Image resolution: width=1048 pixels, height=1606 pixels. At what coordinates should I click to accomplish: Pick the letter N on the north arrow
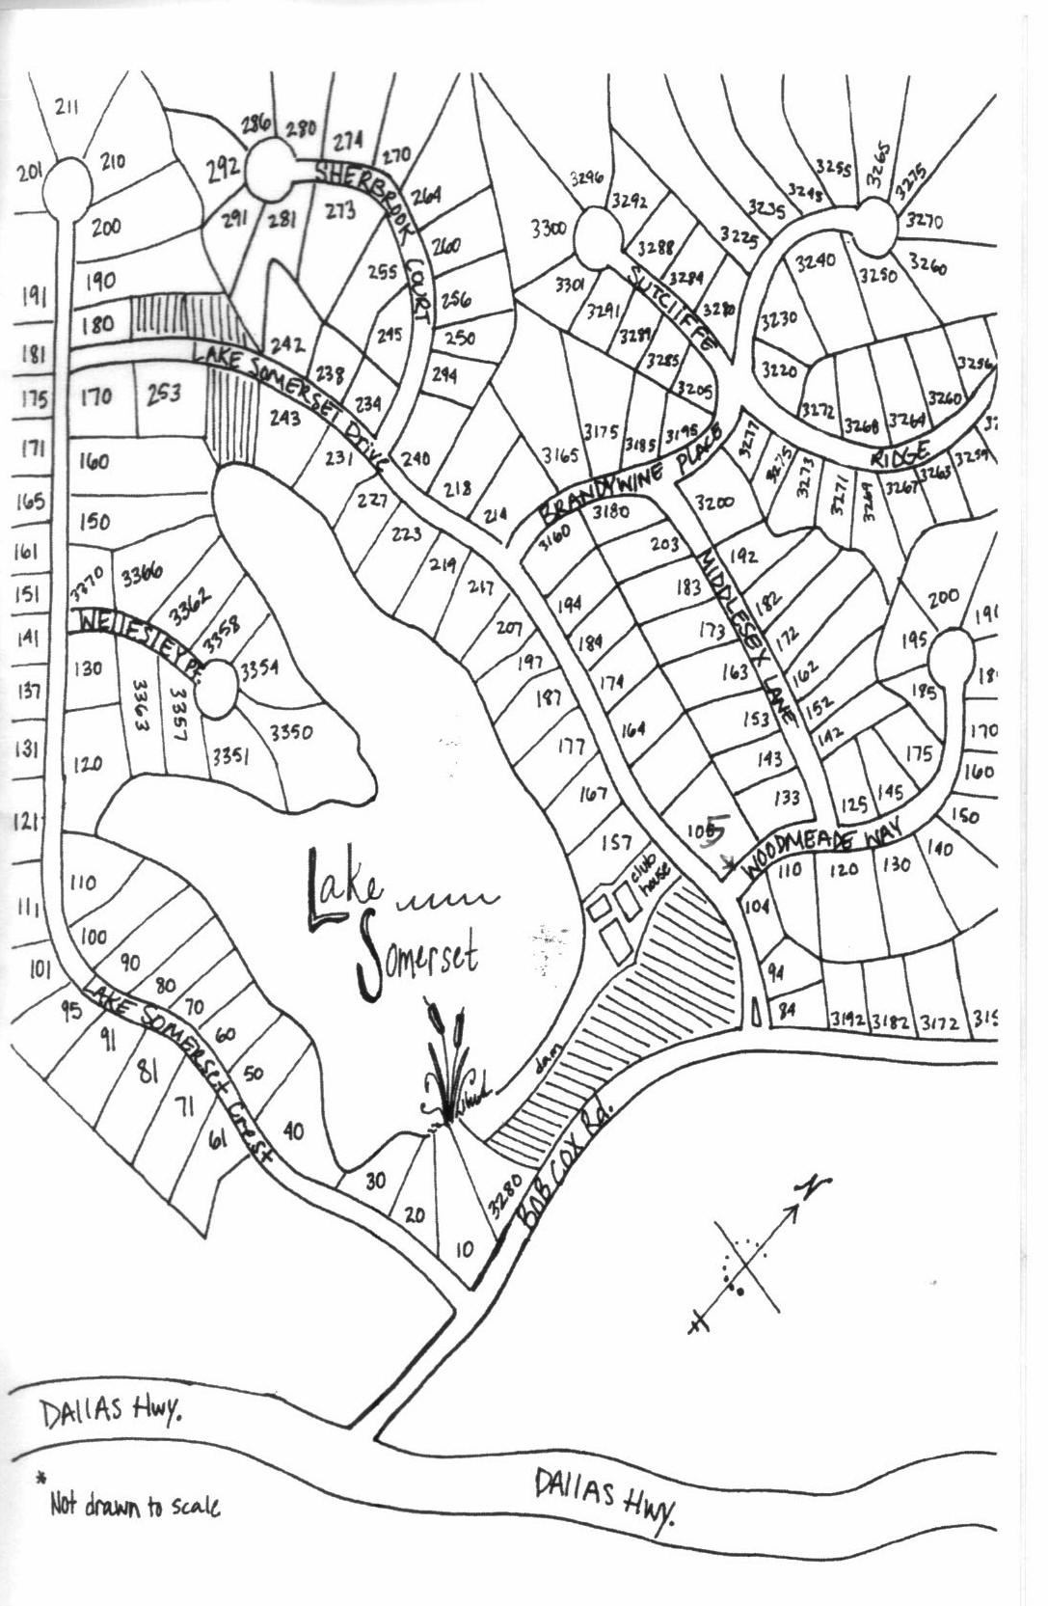click(x=816, y=1184)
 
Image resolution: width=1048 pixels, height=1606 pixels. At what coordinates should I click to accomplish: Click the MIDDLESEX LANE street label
click(x=747, y=638)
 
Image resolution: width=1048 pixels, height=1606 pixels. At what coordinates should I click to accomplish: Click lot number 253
click(x=163, y=394)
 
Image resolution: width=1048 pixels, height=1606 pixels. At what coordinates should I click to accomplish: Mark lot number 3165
click(x=559, y=454)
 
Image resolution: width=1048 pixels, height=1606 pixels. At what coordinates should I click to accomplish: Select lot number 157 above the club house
click(x=616, y=843)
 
